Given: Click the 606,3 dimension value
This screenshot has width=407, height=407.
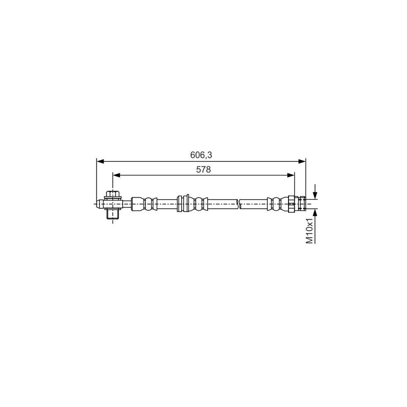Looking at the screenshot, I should (x=201, y=155).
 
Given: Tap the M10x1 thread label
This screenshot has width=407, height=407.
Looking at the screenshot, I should (x=310, y=231).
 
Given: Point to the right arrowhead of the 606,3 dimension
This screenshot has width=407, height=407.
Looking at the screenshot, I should (x=303, y=161).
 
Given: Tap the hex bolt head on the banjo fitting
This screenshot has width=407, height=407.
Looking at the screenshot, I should (x=112, y=195).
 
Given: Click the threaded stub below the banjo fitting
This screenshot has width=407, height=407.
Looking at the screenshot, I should (x=112, y=214).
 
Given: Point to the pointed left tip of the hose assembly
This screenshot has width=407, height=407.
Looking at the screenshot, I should (x=97, y=203).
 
